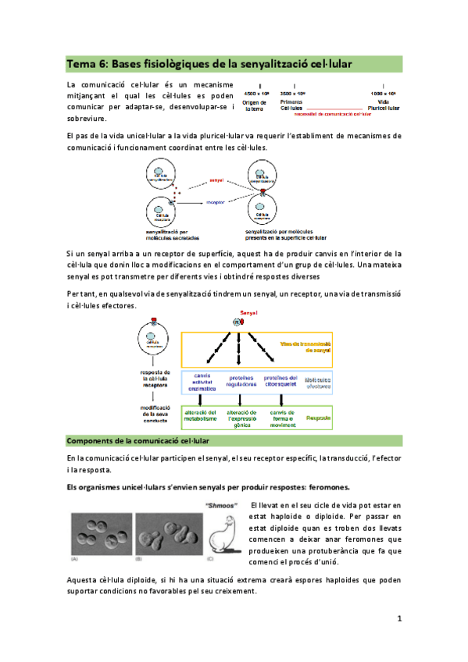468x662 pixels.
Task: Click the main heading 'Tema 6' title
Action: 209,63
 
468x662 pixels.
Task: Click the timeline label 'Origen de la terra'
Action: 255,106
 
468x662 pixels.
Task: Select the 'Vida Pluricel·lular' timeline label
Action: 383,106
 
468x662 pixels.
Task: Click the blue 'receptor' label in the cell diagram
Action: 216,201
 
